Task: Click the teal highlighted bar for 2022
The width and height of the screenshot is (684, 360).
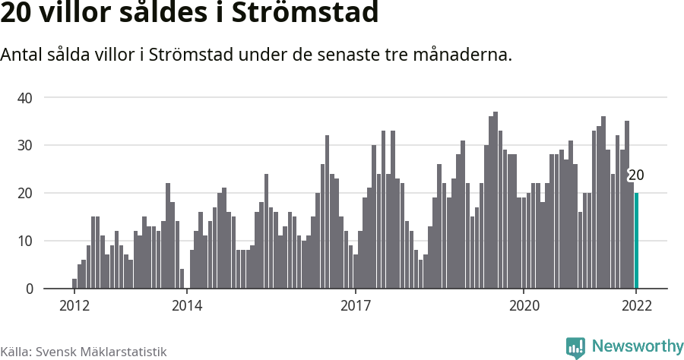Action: tap(637, 241)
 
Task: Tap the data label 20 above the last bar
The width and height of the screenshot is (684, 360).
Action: tap(636, 175)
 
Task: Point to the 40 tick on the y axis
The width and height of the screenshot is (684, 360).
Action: tap(25, 97)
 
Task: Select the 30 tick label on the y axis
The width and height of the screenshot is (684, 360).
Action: tap(25, 145)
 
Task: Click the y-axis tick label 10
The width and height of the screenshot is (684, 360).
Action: tap(25, 241)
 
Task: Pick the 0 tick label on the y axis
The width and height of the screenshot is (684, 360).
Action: tap(29, 289)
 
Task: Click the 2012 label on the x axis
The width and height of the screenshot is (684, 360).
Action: tap(74, 305)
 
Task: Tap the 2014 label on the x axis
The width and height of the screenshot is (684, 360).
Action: tap(186, 305)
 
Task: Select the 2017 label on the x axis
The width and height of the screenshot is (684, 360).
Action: tap(355, 305)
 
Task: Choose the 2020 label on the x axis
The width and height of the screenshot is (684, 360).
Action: tap(523, 305)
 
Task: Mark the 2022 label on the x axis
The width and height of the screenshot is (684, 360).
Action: tap(636, 305)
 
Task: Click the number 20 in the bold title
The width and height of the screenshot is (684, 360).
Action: tap(17, 14)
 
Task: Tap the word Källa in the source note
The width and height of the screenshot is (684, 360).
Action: tap(14, 352)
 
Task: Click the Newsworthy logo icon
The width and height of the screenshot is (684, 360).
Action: tap(575, 347)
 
